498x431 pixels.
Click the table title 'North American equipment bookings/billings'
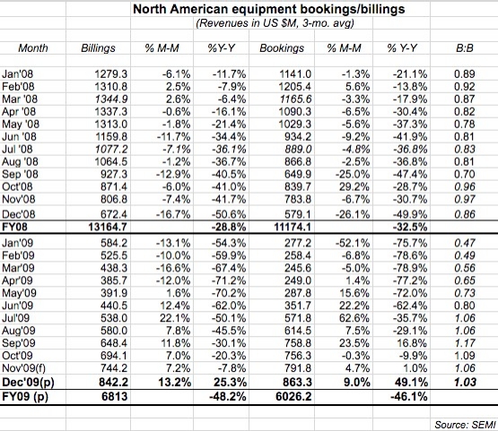268,9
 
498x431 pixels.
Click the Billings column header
98,48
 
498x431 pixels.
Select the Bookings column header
282,48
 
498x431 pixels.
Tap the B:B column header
465,48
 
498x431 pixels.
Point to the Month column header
33,48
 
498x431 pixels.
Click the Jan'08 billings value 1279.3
111,73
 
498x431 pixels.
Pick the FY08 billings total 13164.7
108,227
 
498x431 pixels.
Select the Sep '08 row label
20,175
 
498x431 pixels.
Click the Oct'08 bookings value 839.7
298,186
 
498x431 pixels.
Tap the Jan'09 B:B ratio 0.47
465,243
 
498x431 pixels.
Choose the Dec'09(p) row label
28,383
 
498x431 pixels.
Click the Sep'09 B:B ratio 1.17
465,343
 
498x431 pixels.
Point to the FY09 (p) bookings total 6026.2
293,396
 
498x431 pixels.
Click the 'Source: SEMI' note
465,425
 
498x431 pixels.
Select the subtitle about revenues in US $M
275,23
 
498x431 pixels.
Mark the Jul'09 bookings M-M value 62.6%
354,318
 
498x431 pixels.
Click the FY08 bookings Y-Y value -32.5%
410,227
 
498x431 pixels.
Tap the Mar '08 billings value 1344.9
111,99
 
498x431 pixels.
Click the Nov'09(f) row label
24,368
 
